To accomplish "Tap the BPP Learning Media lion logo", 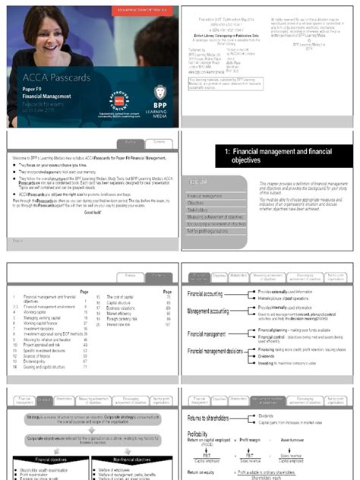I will (x=160, y=93).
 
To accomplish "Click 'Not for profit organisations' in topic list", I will (x=218, y=230).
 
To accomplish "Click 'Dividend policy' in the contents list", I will (x=39, y=339).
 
